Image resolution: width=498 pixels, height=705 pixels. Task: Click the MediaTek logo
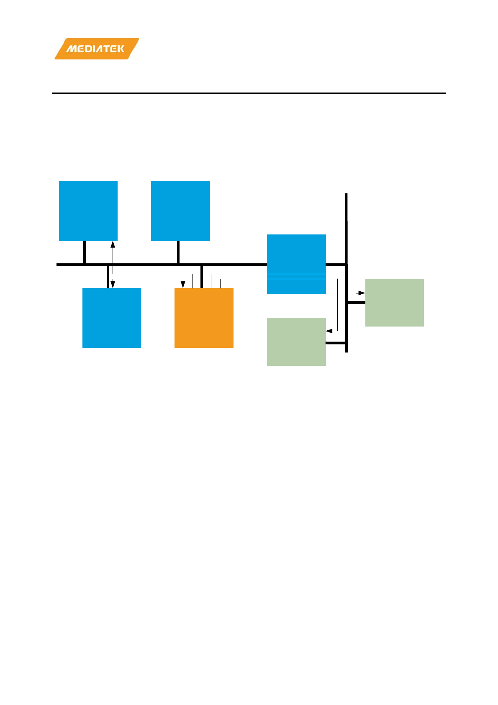click(x=96, y=49)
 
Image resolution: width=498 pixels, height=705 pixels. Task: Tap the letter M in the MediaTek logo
click(x=71, y=49)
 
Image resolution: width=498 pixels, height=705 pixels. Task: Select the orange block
click(x=204, y=318)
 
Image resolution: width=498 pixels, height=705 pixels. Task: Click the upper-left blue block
click(x=88, y=211)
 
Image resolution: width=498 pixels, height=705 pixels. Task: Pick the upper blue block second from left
click(x=180, y=211)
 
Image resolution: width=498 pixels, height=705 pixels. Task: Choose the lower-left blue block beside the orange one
click(x=112, y=318)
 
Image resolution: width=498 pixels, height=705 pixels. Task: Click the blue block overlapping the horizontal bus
click(x=296, y=264)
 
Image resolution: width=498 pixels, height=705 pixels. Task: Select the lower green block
click(x=296, y=342)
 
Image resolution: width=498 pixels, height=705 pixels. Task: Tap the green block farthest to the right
click(x=395, y=302)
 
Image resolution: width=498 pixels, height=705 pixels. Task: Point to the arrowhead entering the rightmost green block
click(x=362, y=293)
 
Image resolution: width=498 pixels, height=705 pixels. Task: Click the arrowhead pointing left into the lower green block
click(x=329, y=331)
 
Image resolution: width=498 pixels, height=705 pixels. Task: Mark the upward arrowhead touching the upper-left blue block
click(x=113, y=244)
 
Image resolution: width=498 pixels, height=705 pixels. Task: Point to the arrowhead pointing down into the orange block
click(x=183, y=285)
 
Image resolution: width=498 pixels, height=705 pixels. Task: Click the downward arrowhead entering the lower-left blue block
click(x=113, y=285)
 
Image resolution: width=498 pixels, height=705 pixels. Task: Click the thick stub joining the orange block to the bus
click(x=202, y=276)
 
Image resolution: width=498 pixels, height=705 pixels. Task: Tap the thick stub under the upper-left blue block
click(x=85, y=252)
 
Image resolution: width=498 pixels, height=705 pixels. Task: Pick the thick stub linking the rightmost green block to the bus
click(x=356, y=302)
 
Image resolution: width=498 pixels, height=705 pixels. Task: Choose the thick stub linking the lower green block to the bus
click(x=336, y=343)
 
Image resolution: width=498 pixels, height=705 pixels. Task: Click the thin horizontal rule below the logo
click(x=249, y=93)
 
